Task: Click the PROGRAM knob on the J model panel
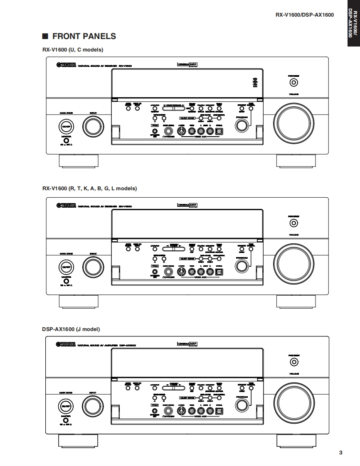coord(241,405)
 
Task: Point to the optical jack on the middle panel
coord(219,271)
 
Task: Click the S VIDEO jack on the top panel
coord(181,131)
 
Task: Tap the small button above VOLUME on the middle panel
coord(294,223)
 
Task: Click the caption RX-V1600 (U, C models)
coord(73,49)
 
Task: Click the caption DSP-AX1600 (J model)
coord(71,329)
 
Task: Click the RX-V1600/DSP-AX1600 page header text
coord(304,15)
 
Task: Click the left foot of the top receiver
coord(79,161)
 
